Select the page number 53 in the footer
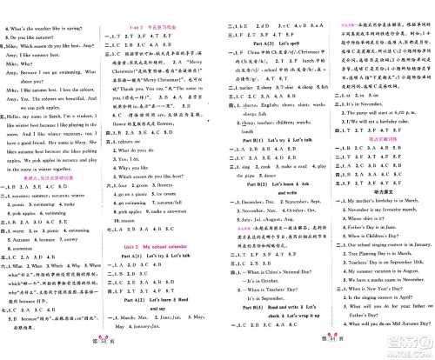click(x=108, y=350)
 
